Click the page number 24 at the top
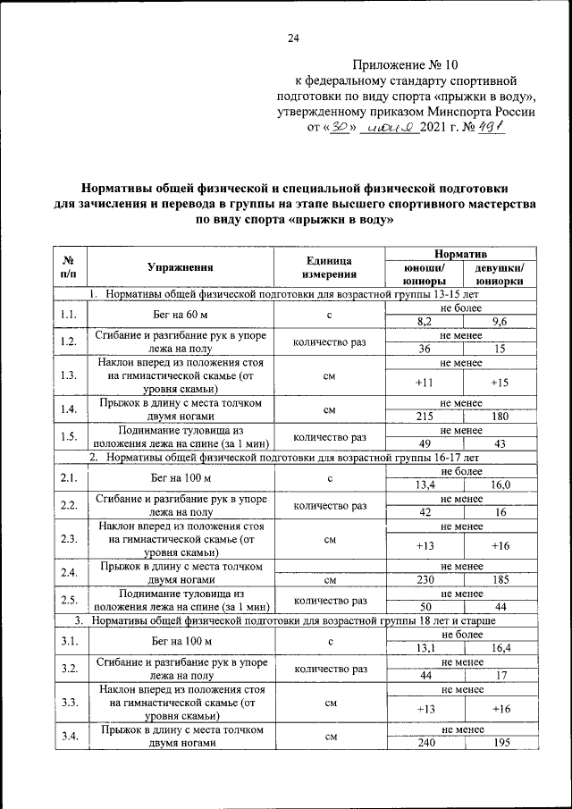click(293, 37)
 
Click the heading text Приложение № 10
click(404, 65)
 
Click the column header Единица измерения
click(330, 266)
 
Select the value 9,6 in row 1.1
click(500, 321)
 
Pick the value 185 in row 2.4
click(500, 580)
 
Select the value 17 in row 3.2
click(500, 676)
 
